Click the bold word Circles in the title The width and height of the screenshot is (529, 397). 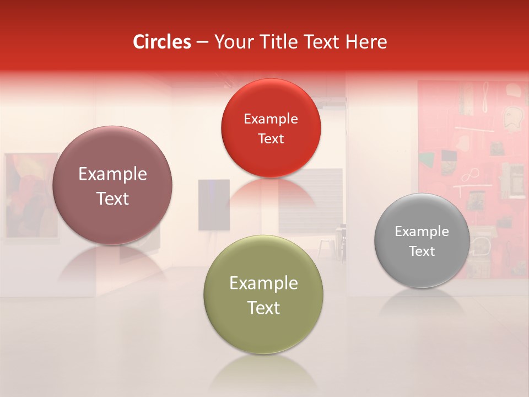tap(161, 42)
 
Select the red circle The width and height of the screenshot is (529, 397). tap(271, 128)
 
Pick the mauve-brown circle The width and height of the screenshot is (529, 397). tap(112, 185)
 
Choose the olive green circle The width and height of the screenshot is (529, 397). tap(263, 294)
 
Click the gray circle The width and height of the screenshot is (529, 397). tap(422, 240)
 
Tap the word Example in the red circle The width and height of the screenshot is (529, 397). tap(271, 119)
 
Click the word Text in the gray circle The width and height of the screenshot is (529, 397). tap(422, 251)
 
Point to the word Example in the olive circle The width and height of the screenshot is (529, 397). tap(263, 283)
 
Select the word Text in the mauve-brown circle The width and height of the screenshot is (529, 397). tap(112, 198)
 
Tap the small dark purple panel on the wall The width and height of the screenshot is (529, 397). tap(214, 205)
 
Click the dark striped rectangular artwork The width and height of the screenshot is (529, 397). tap(310, 201)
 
